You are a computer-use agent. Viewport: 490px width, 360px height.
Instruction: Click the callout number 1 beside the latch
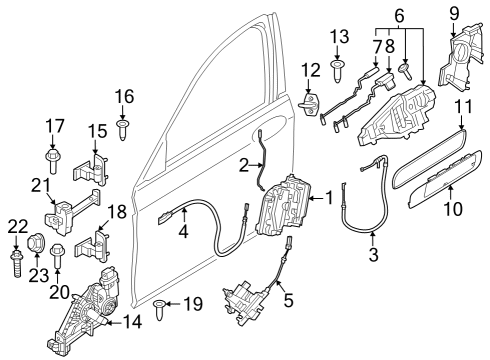(329, 198)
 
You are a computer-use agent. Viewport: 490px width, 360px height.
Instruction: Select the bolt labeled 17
(53, 160)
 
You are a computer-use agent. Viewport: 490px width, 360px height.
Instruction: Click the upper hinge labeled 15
(95, 167)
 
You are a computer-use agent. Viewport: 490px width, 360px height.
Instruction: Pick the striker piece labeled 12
(310, 105)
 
